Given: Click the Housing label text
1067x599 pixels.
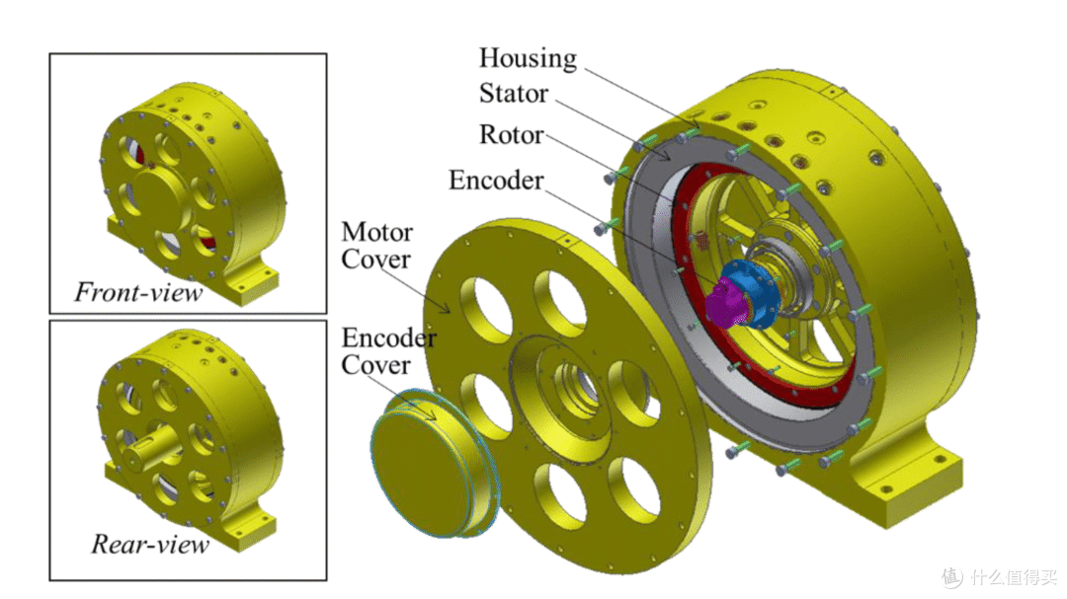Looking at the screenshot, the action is pyautogui.click(x=528, y=58).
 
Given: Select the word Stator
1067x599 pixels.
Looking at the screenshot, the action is pyautogui.click(x=513, y=93).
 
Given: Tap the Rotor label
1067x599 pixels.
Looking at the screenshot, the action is pyautogui.click(x=511, y=134).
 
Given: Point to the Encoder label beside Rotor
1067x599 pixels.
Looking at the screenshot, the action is pyautogui.click(x=496, y=181).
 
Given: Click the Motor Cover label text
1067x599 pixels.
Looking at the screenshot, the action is pyautogui.click(x=376, y=246).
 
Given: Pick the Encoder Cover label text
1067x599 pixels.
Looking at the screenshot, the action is pyautogui.click(x=388, y=351).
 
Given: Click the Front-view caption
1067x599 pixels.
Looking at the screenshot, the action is pyautogui.click(x=138, y=292).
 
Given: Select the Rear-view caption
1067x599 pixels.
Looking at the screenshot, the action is pyautogui.click(x=150, y=544).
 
